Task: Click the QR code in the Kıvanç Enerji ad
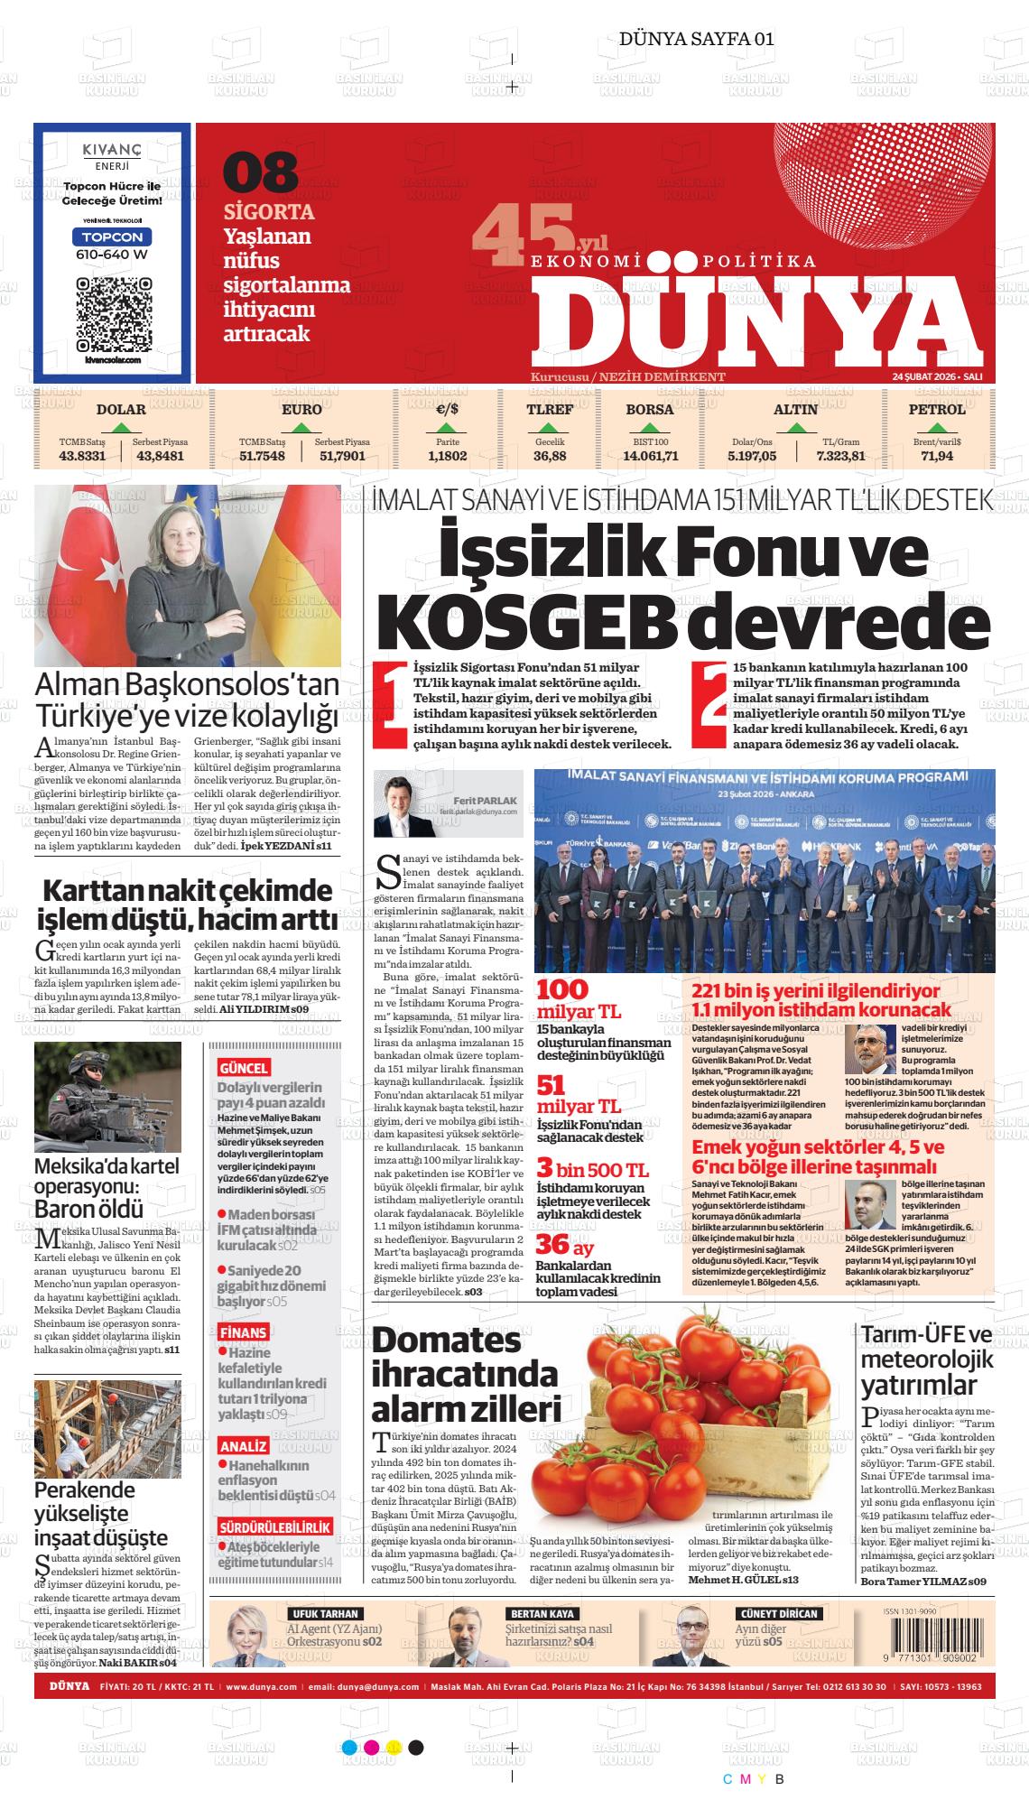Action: pos(112,315)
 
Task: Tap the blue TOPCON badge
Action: pos(112,237)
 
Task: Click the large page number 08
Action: pos(260,172)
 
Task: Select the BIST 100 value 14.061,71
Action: pos(650,456)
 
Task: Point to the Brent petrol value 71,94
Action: pos(937,456)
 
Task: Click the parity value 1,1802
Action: pos(447,456)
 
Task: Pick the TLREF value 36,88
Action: pos(550,456)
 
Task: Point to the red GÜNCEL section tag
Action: pos(243,1068)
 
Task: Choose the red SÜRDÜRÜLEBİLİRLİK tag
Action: pos(275,1527)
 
